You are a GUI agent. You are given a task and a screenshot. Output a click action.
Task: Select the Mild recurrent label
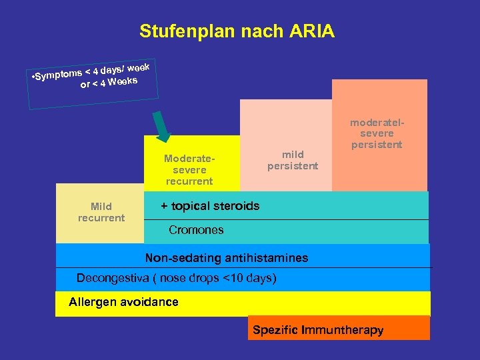tap(101, 212)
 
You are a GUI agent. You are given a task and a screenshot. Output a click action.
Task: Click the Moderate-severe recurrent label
tap(189, 170)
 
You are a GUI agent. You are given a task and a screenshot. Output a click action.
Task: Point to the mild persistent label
tap(293, 160)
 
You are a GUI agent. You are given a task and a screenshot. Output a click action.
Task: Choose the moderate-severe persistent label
tap(377, 133)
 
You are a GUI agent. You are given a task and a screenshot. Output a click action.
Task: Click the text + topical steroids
tap(210, 206)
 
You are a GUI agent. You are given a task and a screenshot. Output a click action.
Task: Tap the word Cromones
tap(196, 230)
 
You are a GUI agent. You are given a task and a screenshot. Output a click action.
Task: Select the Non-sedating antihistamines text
tap(227, 257)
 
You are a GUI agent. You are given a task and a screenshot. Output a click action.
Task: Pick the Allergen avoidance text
tap(123, 302)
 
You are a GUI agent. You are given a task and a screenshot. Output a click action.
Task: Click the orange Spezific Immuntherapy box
tap(339, 327)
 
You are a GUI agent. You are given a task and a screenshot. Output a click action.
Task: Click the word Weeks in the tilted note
tap(122, 82)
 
